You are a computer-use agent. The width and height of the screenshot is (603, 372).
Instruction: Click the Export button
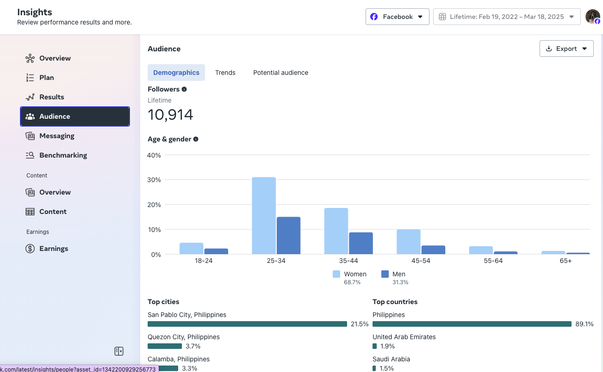point(566,49)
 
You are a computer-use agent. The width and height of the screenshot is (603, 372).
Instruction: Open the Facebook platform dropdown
point(397,17)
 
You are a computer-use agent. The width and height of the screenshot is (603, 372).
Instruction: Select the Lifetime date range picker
point(507,17)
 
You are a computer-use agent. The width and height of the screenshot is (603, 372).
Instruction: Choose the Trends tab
point(225,73)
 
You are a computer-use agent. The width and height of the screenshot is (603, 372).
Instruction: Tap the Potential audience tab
point(280,73)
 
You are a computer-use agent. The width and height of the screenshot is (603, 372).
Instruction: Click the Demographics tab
point(176,73)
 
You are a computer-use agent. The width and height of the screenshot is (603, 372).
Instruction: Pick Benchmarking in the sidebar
point(63,155)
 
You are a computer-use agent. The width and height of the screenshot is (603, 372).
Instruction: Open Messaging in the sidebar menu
point(56,136)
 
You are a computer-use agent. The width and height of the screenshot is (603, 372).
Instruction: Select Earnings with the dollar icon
point(53,249)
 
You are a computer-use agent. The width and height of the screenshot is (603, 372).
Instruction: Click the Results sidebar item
point(51,97)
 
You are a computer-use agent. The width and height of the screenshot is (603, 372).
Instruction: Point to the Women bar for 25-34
point(264,215)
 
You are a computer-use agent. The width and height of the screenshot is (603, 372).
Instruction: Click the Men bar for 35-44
point(361,243)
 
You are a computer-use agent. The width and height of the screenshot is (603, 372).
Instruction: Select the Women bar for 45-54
point(409,242)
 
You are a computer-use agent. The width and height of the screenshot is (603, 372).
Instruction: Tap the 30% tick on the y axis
point(154,180)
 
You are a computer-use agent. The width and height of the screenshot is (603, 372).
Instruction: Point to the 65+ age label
point(565,261)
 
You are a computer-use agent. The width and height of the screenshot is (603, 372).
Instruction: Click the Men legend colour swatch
point(385,274)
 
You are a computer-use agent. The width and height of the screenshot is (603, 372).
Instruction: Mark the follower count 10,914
point(170,115)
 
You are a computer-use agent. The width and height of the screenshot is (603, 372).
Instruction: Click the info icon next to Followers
point(184,89)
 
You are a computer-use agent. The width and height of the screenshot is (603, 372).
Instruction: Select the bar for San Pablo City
point(247,324)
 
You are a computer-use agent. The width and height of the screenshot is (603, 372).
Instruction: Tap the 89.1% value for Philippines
point(584,324)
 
